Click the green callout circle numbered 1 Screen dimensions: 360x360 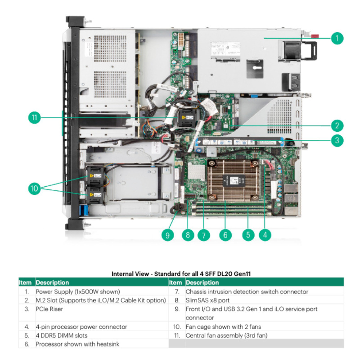click(x=337, y=38)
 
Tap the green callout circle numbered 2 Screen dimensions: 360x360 click(x=337, y=125)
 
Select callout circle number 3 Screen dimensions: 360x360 click(x=337, y=140)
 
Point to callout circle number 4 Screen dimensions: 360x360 click(x=265, y=234)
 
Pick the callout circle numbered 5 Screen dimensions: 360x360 click(x=247, y=234)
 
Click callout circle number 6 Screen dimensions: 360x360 click(x=225, y=234)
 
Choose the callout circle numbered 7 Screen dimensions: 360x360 click(x=203, y=234)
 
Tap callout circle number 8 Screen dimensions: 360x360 click(x=188, y=234)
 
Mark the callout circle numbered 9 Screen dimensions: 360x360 click(x=167, y=234)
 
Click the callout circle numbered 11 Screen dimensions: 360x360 click(x=34, y=118)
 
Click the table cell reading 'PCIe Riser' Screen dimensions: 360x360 click(x=49, y=309)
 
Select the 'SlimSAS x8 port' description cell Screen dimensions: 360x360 click(x=207, y=300)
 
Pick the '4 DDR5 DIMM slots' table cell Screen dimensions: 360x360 click(x=61, y=335)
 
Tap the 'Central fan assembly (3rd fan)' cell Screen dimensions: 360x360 click(x=228, y=335)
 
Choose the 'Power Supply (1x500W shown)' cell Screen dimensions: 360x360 click(x=77, y=292)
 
